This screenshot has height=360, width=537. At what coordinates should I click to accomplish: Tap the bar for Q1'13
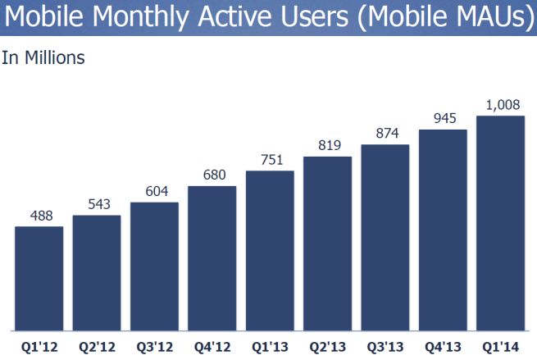point(270,249)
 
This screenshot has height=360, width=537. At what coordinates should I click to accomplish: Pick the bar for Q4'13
point(443,229)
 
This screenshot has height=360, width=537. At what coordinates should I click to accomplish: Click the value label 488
point(39,216)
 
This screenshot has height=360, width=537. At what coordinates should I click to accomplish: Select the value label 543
point(97,204)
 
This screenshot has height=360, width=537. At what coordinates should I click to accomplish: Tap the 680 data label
point(212,175)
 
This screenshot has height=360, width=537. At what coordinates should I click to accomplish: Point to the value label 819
point(327,145)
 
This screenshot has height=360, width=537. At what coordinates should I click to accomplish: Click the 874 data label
point(385,134)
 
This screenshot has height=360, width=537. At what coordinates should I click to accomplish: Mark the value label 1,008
point(500,104)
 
